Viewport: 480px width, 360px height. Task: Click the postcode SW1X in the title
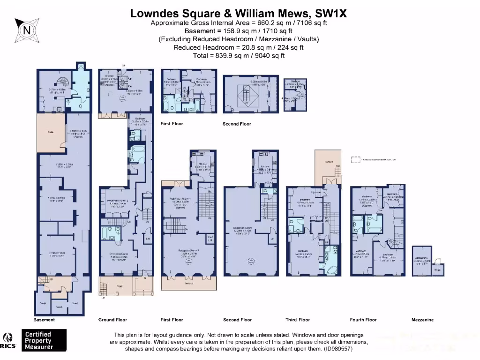pos(332,14)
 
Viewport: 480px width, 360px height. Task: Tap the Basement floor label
pos(44,320)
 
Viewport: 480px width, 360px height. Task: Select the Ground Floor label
pos(112,320)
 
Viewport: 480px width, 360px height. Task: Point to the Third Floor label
pos(298,320)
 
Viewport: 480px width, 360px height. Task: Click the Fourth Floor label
pos(363,320)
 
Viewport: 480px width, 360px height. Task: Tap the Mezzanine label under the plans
pos(422,320)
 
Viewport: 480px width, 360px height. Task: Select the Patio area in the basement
pos(50,133)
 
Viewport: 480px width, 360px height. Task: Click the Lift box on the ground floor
pos(148,239)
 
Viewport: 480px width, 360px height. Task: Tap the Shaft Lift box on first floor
pos(210,238)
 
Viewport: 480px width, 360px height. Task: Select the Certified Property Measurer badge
pos(45,340)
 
